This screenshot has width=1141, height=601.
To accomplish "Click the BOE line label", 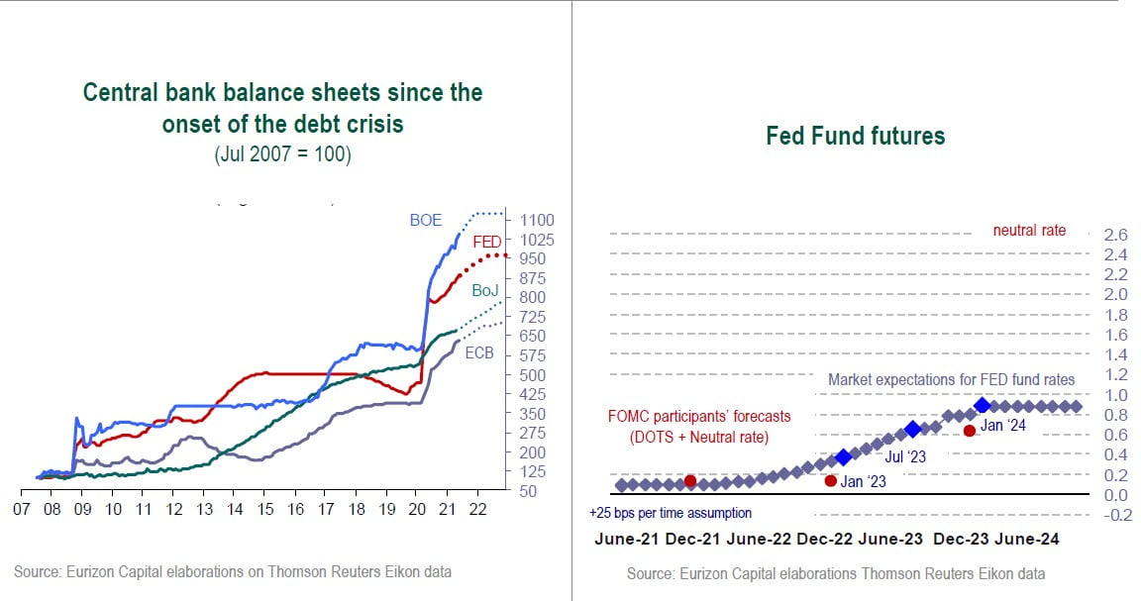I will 426,221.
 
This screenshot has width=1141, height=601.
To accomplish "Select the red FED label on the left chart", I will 486,242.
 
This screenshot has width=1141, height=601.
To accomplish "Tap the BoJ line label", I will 484,290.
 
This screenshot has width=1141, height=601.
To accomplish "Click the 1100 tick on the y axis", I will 535,220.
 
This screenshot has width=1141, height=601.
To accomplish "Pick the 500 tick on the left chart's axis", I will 532,374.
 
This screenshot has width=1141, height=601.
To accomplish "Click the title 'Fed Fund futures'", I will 856,136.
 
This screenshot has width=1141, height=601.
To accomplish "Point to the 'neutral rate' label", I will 1029,230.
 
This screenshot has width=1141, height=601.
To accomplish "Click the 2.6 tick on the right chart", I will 1115,235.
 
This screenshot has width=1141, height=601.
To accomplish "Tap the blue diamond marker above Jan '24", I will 982,405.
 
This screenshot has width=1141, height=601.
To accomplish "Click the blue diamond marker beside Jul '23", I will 912,430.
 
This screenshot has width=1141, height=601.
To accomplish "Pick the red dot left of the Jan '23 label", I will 830,480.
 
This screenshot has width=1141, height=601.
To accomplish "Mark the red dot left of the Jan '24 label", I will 969,431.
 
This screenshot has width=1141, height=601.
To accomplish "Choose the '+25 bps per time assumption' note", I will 671,513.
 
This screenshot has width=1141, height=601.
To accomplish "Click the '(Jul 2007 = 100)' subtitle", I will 282,155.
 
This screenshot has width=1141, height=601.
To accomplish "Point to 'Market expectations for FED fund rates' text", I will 951,379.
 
